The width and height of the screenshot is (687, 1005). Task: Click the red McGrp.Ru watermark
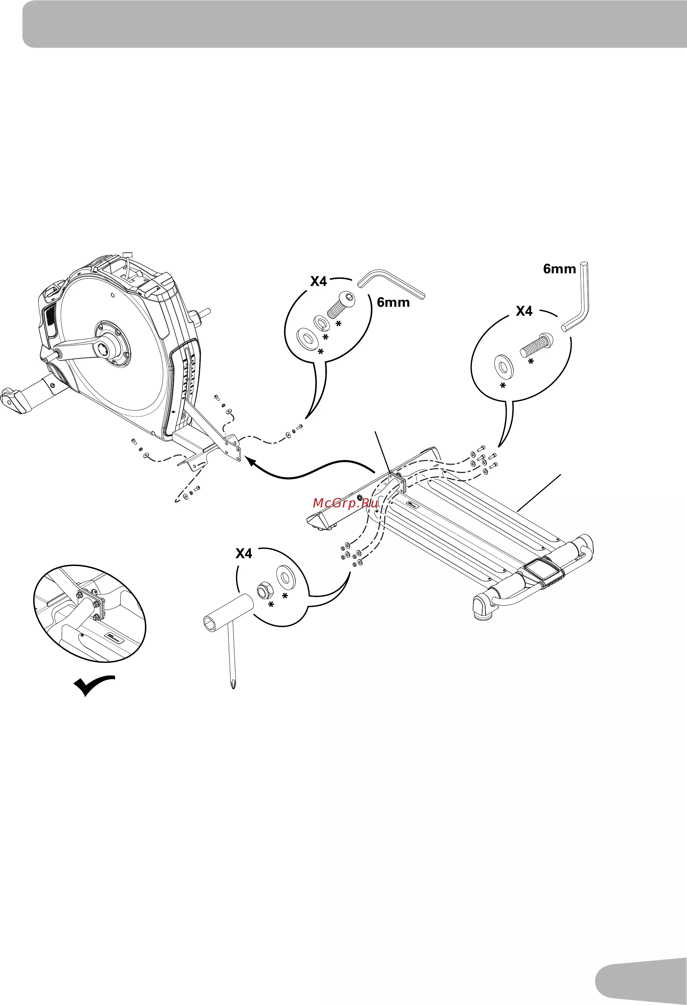click(345, 503)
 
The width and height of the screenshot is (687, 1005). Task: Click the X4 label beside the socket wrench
click(244, 554)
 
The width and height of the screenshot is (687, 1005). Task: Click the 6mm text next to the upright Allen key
click(559, 269)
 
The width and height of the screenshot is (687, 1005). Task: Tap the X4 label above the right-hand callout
click(524, 311)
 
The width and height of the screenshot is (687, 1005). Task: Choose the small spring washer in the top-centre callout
click(320, 323)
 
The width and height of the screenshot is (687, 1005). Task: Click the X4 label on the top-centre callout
click(318, 281)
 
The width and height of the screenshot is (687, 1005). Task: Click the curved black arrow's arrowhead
click(253, 462)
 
